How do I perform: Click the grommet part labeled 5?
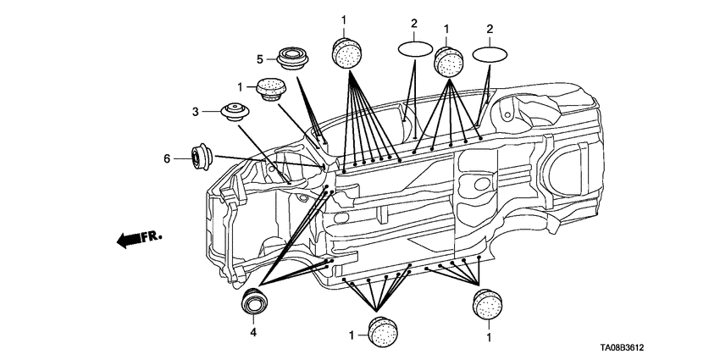pyautogui.click(x=292, y=58)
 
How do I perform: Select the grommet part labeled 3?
pyautogui.click(x=235, y=112)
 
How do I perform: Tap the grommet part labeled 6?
pyautogui.click(x=201, y=157)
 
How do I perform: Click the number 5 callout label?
pyautogui.click(x=260, y=59)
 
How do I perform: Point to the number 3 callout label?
pyautogui.click(x=195, y=112)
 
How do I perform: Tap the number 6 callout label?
pyautogui.click(x=167, y=159)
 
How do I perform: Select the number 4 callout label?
pyautogui.click(x=253, y=331)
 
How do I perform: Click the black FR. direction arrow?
pyautogui.click(x=129, y=240)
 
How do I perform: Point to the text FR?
pyautogui.click(x=152, y=236)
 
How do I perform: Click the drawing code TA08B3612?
pyautogui.click(x=621, y=348)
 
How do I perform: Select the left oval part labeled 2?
pyautogui.click(x=415, y=49)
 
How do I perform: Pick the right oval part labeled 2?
pyautogui.click(x=490, y=53)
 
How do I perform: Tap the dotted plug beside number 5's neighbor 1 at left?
pyautogui.click(x=271, y=89)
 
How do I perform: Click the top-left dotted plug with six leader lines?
pyautogui.click(x=346, y=52)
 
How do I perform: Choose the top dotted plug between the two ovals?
pyautogui.click(x=448, y=61)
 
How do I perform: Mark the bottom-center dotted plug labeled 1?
pyautogui.click(x=383, y=332)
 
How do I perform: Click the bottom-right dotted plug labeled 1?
pyautogui.click(x=487, y=304)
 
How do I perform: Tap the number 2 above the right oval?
pyautogui.click(x=490, y=29)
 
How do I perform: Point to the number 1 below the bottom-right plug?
pyautogui.click(x=489, y=337)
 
